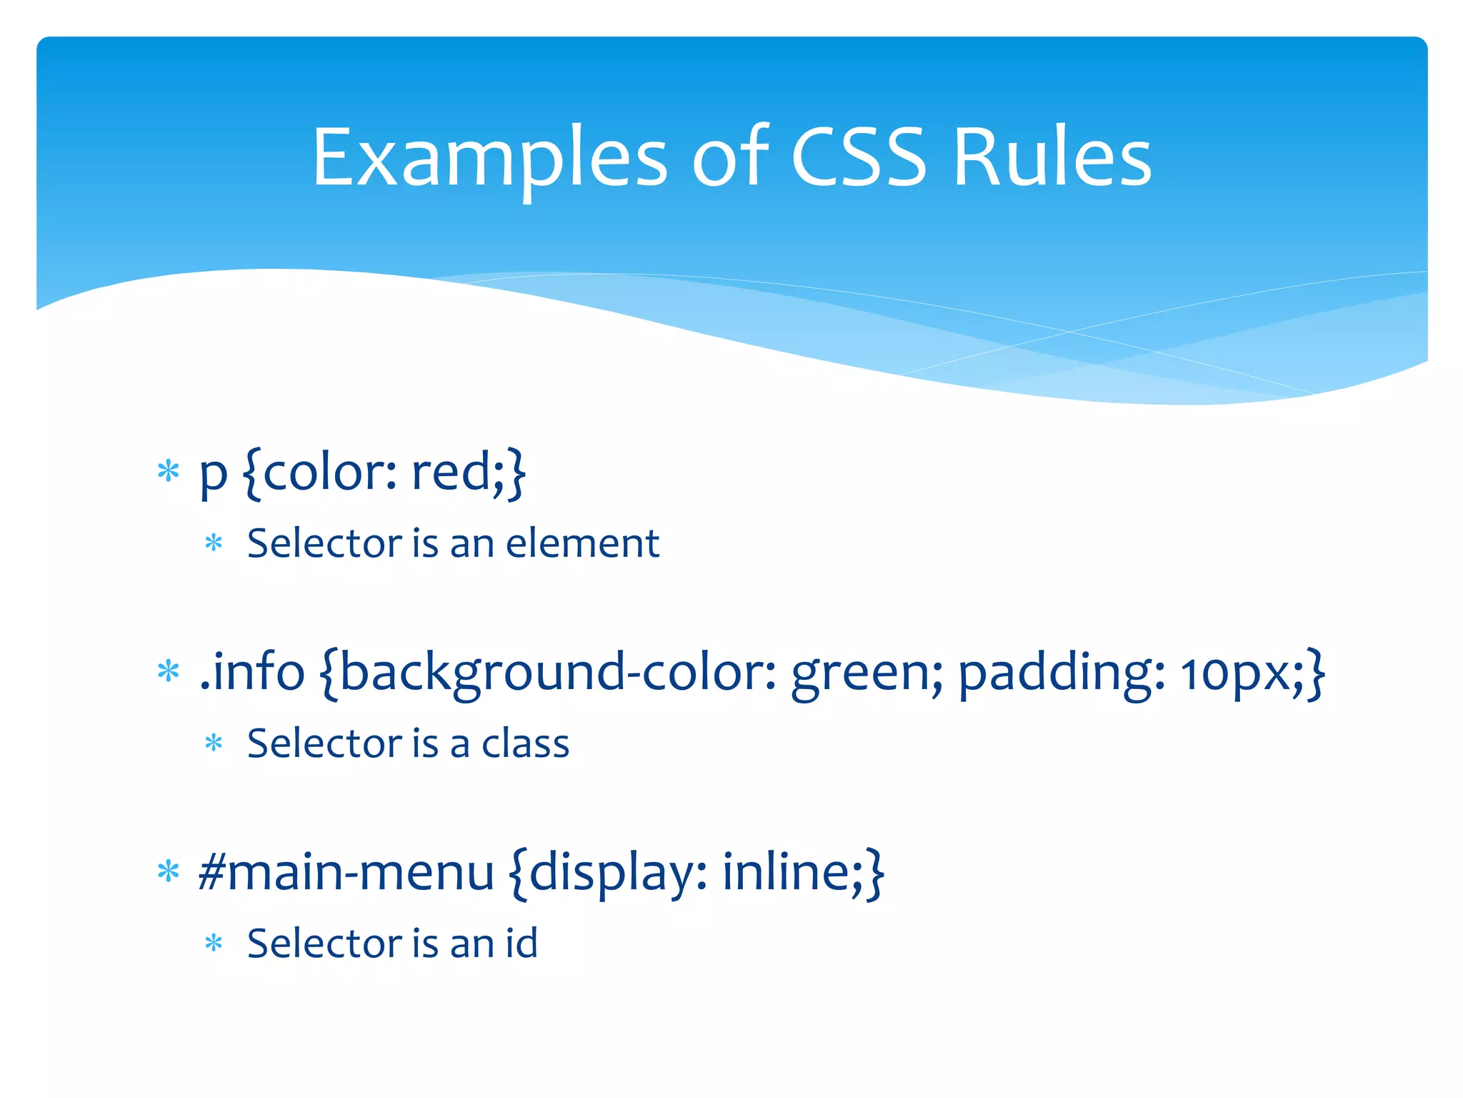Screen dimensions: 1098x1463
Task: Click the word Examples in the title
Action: [489, 159]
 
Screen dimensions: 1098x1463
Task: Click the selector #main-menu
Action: [346, 873]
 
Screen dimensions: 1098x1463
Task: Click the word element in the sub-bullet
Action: [582, 543]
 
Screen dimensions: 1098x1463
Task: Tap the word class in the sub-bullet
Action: [525, 743]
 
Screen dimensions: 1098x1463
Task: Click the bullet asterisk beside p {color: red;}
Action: [169, 472]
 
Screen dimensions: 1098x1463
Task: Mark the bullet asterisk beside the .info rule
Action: [169, 672]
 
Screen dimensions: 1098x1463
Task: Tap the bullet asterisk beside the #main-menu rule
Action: [169, 872]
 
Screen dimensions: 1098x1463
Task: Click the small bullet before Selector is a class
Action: [214, 744]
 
